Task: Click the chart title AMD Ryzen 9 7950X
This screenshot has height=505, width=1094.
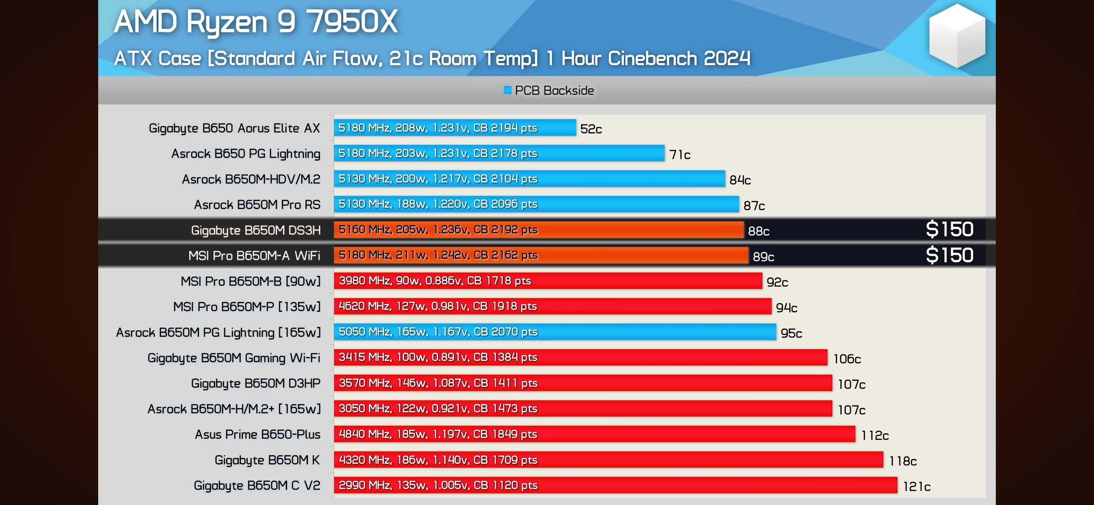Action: [256, 22]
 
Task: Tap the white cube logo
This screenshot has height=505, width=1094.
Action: [957, 36]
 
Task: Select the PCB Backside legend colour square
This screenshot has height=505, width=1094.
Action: [507, 90]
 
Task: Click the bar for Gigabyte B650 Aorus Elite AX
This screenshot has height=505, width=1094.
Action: [454, 128]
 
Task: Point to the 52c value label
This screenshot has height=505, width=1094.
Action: [591, 129]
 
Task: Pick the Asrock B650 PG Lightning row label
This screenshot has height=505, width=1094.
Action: [245, 153]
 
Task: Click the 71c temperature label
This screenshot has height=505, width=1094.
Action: [679, 155]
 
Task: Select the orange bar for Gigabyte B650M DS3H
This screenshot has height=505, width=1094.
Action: [538, 230]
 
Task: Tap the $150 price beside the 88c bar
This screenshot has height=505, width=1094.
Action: [950, 230]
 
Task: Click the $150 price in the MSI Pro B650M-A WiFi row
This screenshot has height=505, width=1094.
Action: [950, 255]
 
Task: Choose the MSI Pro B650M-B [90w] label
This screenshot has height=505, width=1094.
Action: [251, 281]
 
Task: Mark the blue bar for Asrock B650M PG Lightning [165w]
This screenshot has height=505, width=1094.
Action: [554, 332]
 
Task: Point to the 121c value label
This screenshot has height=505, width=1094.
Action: [916, 487]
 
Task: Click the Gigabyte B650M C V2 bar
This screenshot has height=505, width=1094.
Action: [615, 485]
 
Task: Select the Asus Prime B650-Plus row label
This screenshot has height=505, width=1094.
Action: [257, 434]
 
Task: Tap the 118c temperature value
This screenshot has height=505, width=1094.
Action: [902, 462]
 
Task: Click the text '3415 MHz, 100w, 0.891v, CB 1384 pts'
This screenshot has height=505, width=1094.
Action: [438, 357]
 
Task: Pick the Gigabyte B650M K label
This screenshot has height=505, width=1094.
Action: [267, 460]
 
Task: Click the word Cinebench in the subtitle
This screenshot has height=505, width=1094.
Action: [652, 59]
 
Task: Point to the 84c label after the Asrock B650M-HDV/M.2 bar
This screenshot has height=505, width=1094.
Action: [740, 180]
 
